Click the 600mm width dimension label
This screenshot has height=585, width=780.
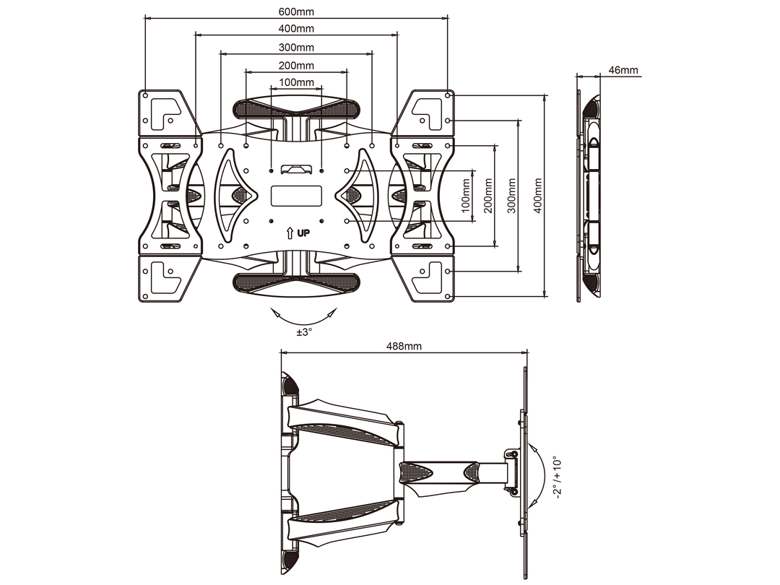296,12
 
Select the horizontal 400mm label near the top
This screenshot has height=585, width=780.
296,28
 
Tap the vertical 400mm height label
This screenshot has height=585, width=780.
537,196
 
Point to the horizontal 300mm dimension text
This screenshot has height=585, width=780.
296,47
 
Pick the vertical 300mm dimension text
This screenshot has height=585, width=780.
511,196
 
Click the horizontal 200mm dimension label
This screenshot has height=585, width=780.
296,66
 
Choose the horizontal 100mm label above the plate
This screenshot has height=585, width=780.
296,82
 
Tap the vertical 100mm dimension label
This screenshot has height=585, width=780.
465,196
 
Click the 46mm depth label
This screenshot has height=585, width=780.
623,70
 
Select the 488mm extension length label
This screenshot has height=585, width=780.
404,346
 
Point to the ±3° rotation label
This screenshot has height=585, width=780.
304,332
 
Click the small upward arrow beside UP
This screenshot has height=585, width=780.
290,233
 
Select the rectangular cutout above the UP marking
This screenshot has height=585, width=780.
296,196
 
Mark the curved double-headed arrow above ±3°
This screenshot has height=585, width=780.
303,316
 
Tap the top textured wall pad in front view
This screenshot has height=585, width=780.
296,110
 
